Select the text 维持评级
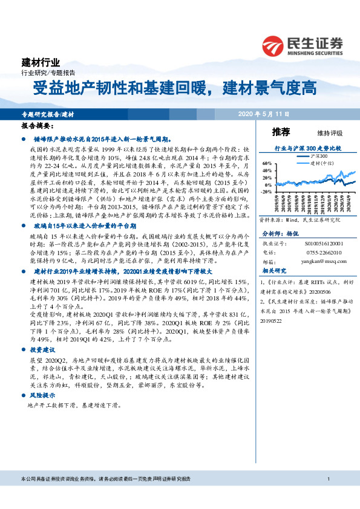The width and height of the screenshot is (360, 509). coord(329,133)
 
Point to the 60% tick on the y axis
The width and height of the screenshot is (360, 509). coord(267,163)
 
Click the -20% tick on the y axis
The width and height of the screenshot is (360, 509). coord(266,192)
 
